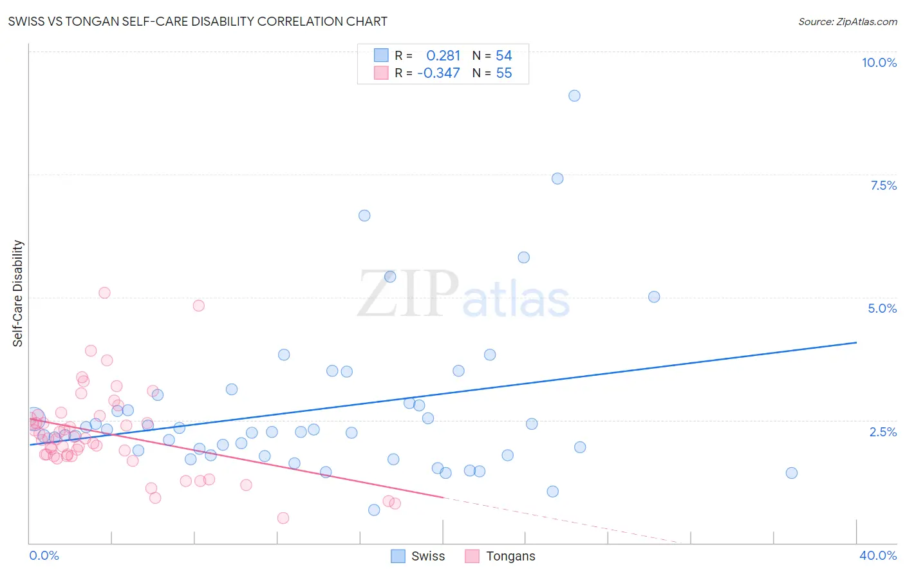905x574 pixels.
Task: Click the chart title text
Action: pyautogui.click(x=198, y=21)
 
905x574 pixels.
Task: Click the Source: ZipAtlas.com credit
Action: pyautogui.click(x=847, y=22)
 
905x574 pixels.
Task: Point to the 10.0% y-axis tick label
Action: pyautogui.click(x=879, y=62)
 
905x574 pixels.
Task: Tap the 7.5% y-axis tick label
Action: pyautogui.click(x=883, y=185)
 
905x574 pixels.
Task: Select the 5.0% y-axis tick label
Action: pyautogui.click(x=882, y=308)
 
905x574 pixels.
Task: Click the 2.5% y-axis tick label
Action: pyautogui.click(x=882, y=432)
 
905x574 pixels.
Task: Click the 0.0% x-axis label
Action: pyautogui.click(x=44, y=555)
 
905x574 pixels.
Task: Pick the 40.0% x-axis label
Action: pyautogui.click(x=877, y=555)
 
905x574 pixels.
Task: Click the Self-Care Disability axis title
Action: pyautogui.click(x=18, y=293)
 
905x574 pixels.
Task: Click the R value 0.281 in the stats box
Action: pyautogui.click(x=443, y=56)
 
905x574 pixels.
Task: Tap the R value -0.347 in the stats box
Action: pyautogui.click(x=438, y=73)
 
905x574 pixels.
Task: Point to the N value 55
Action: pyautogui.click(x=504, y=73)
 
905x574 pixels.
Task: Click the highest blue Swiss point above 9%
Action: pyautogui.click(x=574, y=96)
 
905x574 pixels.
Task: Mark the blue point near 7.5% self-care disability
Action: pyautogui.click(x=557, y=178)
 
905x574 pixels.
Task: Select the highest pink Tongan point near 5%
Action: pyautogui.click(x=104, y=293)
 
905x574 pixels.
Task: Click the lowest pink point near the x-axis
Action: pyautogui.click(x=283, y=518)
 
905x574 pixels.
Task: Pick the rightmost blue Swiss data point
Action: pyautogui.click(x=792, y=473)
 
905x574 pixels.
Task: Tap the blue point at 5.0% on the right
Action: pyautogui.click(x=654, y=297)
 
